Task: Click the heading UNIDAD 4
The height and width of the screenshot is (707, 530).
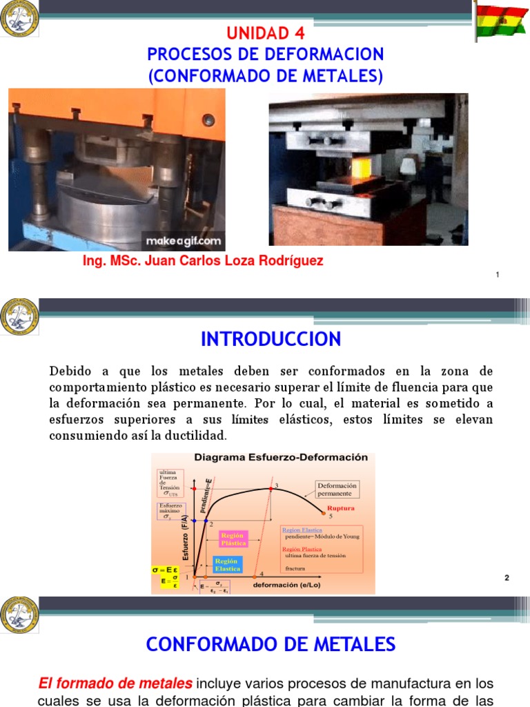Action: (266, 33)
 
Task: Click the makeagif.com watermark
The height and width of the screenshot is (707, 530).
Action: (183, 241)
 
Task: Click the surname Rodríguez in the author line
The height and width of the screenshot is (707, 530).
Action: (290, 262)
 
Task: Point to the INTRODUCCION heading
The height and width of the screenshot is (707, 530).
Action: (271, 339)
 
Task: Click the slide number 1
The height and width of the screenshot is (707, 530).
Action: (498, 275)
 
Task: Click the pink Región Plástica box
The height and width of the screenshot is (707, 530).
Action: (233, 539)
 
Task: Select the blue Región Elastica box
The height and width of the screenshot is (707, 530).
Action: (227, 564)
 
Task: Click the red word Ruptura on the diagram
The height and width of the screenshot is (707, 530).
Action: (341, 508)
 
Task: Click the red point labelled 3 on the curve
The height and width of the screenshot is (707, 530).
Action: (271, 489)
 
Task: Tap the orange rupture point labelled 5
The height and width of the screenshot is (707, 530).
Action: (323, 513)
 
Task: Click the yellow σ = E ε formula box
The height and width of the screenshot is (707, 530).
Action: (166, 575)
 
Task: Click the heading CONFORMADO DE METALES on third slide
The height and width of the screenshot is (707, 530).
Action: (271, 645)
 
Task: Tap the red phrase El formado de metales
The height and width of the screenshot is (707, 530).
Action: (115, 684)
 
